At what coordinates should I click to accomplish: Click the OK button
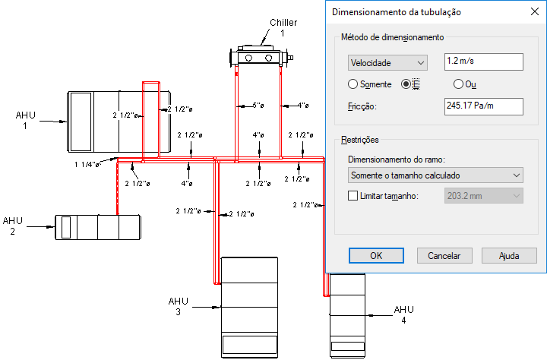tap(376, 256)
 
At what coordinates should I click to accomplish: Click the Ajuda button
tap(509, 256)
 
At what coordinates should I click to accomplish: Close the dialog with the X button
tap(534, 12)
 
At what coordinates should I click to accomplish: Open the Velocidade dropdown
tap(387, 63)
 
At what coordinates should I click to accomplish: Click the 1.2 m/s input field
tap(483, 62)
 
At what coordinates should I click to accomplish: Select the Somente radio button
tap(353, 84)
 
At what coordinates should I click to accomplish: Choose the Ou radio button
tap(458, 84)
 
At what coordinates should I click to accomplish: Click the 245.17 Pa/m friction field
tap(483, 106)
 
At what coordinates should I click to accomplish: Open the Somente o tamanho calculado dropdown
tap(435, 175)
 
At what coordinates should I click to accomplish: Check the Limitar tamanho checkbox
tap(353, 196)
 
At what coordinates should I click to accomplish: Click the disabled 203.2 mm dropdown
tap(483, 196)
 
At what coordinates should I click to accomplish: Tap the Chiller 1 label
tap(283, 27)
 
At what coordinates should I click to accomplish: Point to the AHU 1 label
tap(26, 120)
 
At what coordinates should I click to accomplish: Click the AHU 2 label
tap(13, 226)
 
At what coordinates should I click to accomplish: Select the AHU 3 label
tap(179, 306)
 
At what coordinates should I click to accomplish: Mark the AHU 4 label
tap(403, 314)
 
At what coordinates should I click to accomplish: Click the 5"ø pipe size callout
tap(258, 106)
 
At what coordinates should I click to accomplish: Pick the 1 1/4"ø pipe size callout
tap(87, 164)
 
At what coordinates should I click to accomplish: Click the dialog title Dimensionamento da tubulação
tap(397, 12)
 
